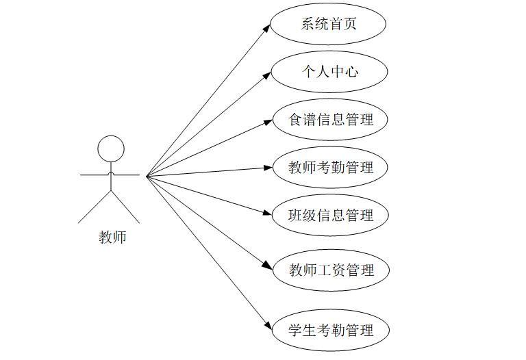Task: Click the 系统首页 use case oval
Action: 328,25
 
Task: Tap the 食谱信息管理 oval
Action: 331,120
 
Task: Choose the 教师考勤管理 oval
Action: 331,167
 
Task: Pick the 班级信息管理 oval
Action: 331,215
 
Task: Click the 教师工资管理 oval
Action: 331,270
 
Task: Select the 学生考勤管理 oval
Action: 331,330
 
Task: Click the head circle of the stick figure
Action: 111,149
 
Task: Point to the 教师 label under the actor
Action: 112,237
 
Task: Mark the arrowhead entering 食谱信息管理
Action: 268,122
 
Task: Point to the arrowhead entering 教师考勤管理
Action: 268,166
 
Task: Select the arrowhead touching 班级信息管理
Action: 268,213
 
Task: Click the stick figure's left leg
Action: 95,207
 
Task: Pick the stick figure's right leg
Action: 125,207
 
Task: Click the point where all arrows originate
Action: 147,175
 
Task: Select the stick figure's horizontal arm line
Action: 96,175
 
